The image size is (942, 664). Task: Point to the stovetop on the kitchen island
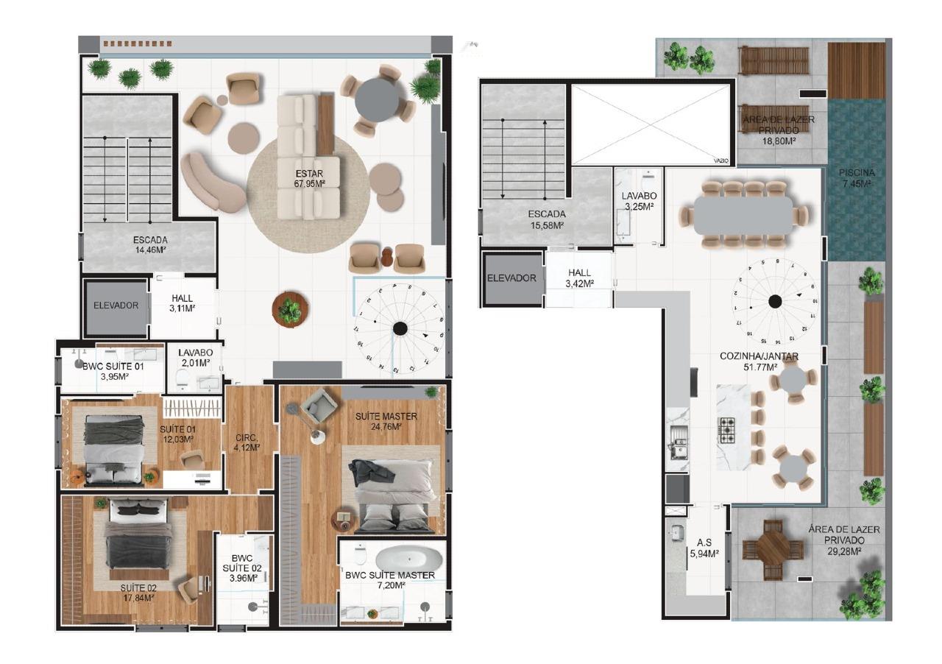(726, 428)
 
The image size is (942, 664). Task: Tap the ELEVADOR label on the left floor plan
(116, 305)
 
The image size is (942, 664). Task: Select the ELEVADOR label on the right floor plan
(511, 278)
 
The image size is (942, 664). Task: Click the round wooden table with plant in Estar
(288, 310)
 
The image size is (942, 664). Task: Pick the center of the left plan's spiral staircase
(400, 328)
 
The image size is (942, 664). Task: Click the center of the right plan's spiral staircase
(774, 300)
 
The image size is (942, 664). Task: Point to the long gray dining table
(743, 215)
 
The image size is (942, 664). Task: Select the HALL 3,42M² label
(579, 278)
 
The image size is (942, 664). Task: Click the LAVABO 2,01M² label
(194, 357)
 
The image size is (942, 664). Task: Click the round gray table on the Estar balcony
(377, 102)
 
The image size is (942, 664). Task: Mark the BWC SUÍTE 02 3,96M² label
(241, 568)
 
